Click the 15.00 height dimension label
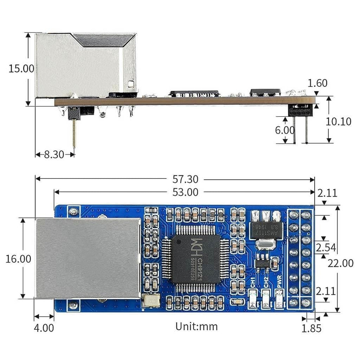[x=21, y=68]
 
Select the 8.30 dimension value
[x=54, y=154]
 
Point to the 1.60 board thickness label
[x=318, y=83]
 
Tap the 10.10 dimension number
[x=338, y=121]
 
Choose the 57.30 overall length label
[x=185, y=179]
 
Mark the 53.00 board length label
[x=185, y=192]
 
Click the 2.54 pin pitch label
[x=325, y=247]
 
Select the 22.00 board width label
[x=341, y=263]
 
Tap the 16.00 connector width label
[x=18, y=258]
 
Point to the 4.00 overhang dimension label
[x=44, y=328]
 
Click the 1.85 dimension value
[x=311, y=328]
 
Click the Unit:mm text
[x=197, y=326]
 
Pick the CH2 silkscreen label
[x=266, y=282]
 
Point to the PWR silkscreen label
[x=279, y=283]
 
